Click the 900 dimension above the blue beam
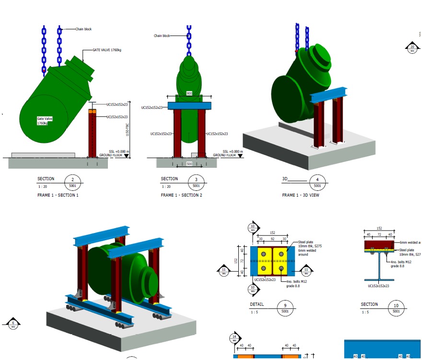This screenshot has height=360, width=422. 189,93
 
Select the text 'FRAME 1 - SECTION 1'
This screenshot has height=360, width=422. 58,195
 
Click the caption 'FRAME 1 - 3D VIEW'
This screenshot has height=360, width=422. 300,195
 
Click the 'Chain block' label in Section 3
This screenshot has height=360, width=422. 162,35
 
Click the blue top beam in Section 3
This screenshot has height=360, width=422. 189,106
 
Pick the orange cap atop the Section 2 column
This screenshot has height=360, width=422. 93,111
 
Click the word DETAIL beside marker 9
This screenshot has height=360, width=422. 257,304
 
